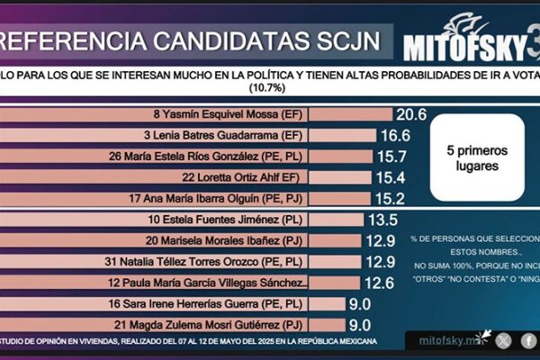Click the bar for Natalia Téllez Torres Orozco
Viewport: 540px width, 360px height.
click(181, 262)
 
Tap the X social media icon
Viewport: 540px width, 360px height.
click(503, 340)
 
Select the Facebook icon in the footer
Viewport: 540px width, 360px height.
click(529, 340)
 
